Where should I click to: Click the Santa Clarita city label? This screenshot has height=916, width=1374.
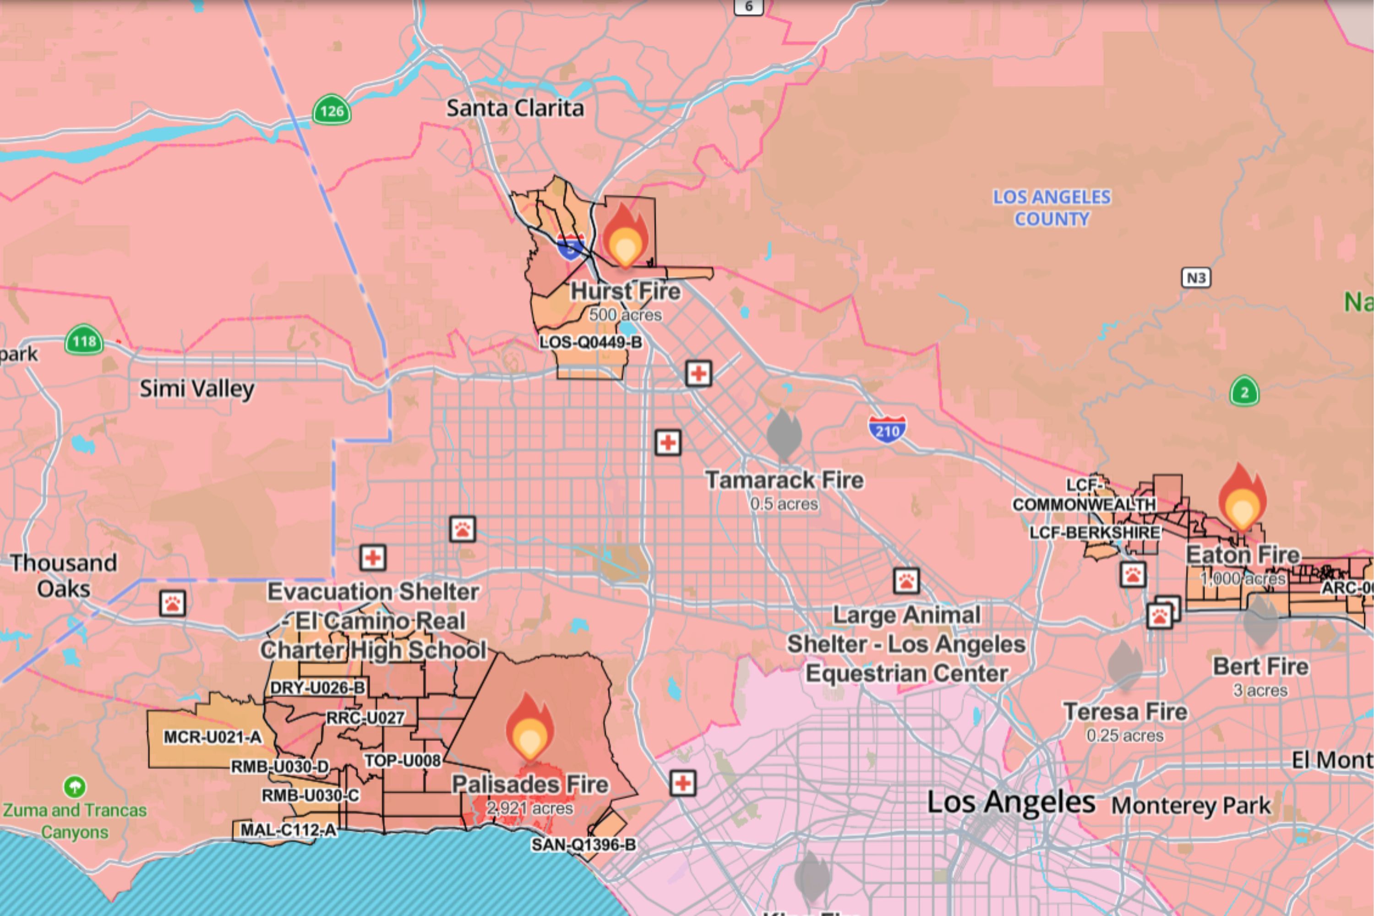pyautogui.click(x=515, y=109)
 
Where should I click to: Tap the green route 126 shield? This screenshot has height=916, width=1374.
pyautogui.click(x=332, y=110)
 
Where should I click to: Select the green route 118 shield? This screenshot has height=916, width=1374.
pyautogui.click(x=84, y=341)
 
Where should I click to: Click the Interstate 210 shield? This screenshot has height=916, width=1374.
pyautogui.click(x=887, y=430)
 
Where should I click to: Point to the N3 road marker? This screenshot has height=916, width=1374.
pyautogui.click(x=1196, y=278)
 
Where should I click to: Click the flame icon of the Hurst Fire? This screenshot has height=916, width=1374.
pyautogui.click(x=625, y=237)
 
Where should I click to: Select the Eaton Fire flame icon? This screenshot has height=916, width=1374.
pyautogui.click(x=1242, y=498)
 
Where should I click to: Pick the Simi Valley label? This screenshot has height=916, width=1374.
pyautogui.click(x=197, y=388)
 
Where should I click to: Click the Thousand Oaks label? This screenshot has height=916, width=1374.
pyautogui.click(x=64, y=575)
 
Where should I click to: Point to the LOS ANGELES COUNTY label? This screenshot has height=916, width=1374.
pyautogui.click(x=1052, y=208)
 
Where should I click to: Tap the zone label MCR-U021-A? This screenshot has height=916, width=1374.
pyautogui.click(x=212, y=737)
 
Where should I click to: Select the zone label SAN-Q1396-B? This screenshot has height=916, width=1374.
pyautogui.click(x=583, y=845)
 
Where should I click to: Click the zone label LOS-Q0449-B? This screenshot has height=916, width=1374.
pyautogui.click(x=590, y=342)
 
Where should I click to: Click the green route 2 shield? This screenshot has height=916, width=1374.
pyautogui.click(x=1244, y=392)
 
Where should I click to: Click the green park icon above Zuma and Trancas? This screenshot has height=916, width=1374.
pyautogui.click(x=75, y=787)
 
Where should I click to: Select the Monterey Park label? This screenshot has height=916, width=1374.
pyautogui.click(x=1190, y=806)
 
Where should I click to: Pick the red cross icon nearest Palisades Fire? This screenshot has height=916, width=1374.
pyautogui.click(x=683, y=783)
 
